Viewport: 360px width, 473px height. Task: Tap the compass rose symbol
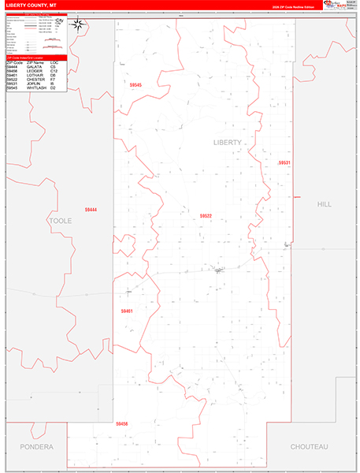click(x=78, y=24)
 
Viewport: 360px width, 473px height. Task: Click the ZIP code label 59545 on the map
click(x=136, y=85)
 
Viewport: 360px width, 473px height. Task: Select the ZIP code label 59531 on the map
click(x=284, y=162)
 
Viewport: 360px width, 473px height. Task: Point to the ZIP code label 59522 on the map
click(x=206, y=215)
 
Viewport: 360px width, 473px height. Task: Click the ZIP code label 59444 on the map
click(x=91, y=209)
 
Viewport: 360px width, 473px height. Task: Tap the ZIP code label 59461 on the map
click(x=128, y=311)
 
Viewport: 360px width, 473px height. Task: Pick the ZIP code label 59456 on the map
click(x=121, y=424)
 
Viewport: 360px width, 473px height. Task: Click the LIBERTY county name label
click(x=228, y=142)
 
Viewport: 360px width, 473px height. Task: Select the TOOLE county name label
click(x=61, y=221)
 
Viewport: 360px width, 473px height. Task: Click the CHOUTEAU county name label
click(x=309, y=446)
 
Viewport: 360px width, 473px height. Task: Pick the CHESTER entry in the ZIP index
click(x=36, y=80)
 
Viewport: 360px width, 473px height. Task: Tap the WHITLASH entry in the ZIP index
click(x=37, y=88)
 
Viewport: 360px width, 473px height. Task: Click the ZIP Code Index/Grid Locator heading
click(x=32, y=58)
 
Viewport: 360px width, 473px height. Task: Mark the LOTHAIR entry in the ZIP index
click(x=35, y=76)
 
